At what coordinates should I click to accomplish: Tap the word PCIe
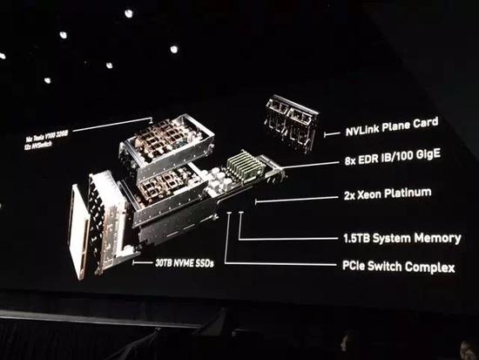coord(358,266)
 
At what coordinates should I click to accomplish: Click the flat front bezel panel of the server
coord(78,230)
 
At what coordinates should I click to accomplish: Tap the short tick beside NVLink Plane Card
coord(327,133)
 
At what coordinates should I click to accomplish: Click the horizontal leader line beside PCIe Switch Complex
coord(279,262)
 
